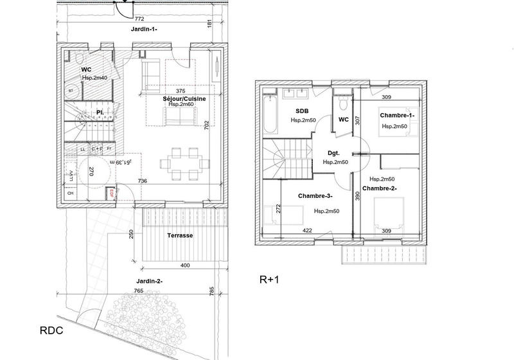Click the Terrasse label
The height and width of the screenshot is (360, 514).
[180, 236]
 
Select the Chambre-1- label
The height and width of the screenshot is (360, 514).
[396, 115]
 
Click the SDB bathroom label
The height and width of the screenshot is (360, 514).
[301, 111]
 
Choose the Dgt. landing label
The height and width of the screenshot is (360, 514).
[333, 154]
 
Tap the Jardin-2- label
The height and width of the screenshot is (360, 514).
[149, 281]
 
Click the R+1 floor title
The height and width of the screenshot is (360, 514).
[269, 280]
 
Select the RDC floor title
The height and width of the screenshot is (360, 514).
[51, 330]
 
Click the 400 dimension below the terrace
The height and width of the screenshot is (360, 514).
[184, 265]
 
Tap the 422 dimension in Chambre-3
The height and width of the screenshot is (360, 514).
[308, 230]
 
